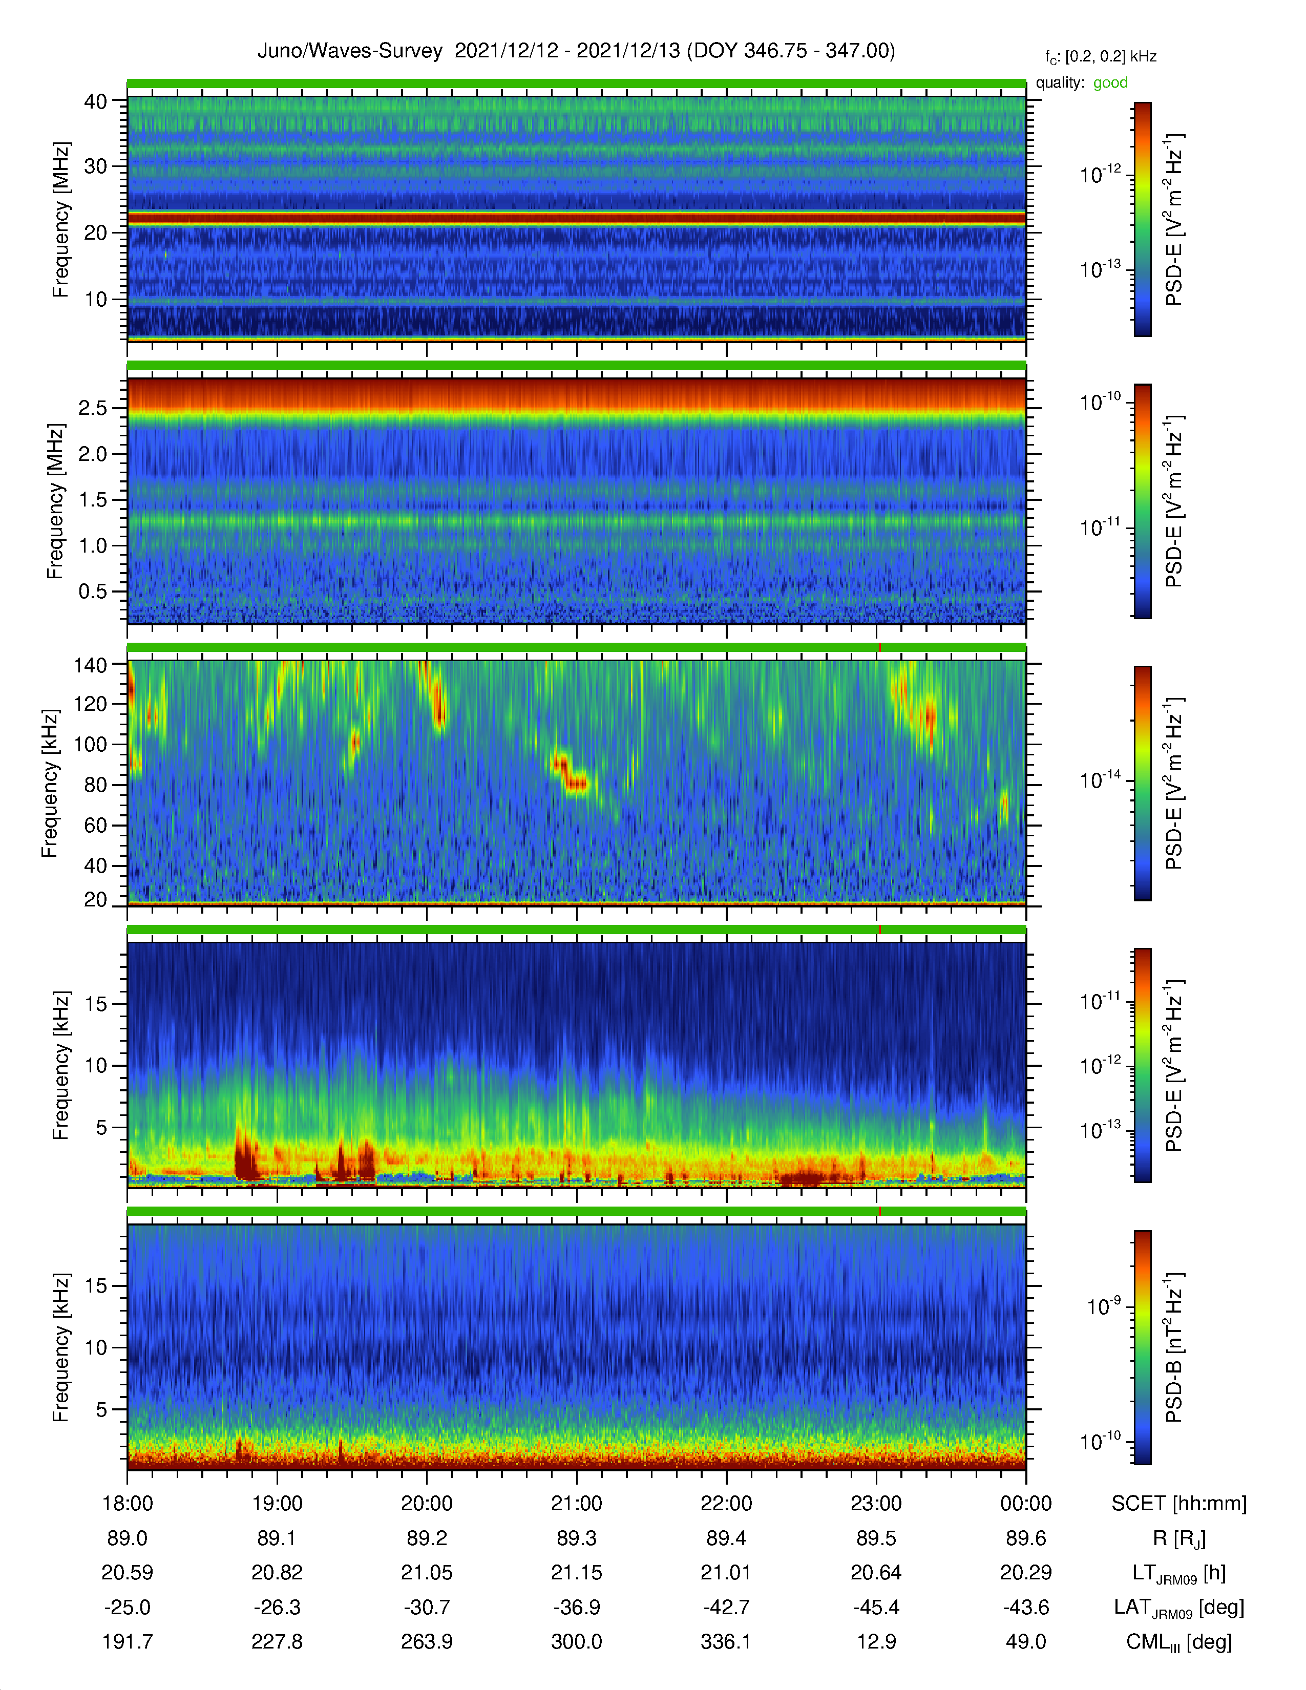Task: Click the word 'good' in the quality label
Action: coord(1110,83)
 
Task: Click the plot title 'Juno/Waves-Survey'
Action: coord(350,51)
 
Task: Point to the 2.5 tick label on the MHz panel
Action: coord(93,408)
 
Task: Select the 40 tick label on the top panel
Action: coord(96,101)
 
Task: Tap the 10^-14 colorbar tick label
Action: coord(1100,779)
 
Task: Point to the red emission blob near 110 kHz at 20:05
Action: coord(439,704)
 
